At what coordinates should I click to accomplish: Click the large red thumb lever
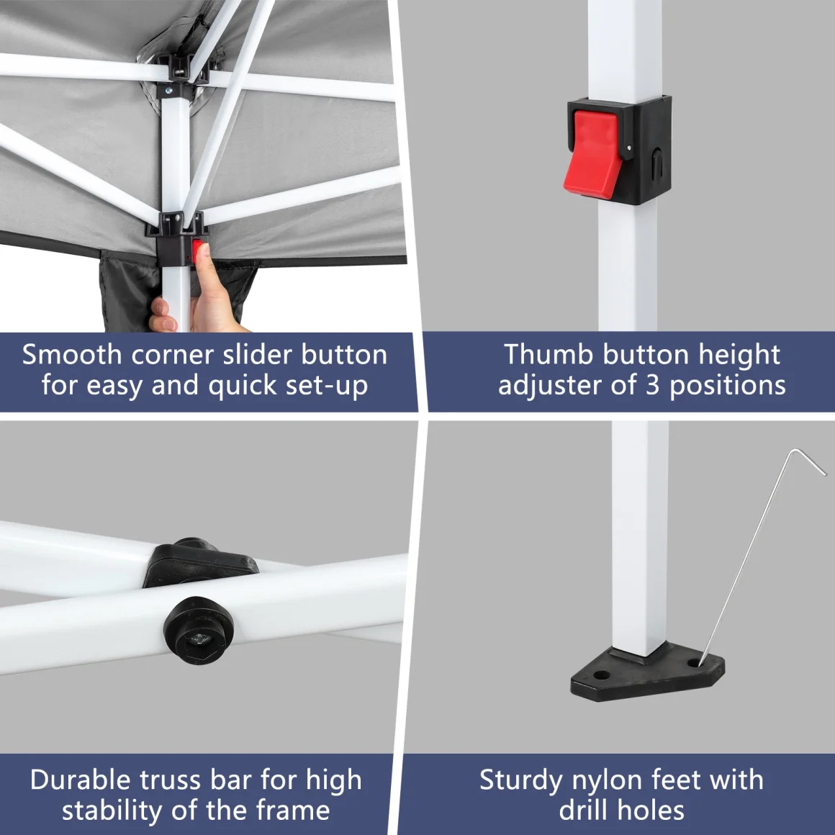click(592, 155)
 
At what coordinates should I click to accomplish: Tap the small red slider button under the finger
click(197, 248)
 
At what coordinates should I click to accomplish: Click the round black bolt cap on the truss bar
click(199, 631)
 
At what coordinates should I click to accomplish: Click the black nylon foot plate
click(648, 672)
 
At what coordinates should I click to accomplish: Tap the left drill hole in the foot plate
click(601, 674)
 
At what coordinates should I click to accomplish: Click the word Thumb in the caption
click(549, 355)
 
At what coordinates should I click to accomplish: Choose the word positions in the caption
click(728, 387)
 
